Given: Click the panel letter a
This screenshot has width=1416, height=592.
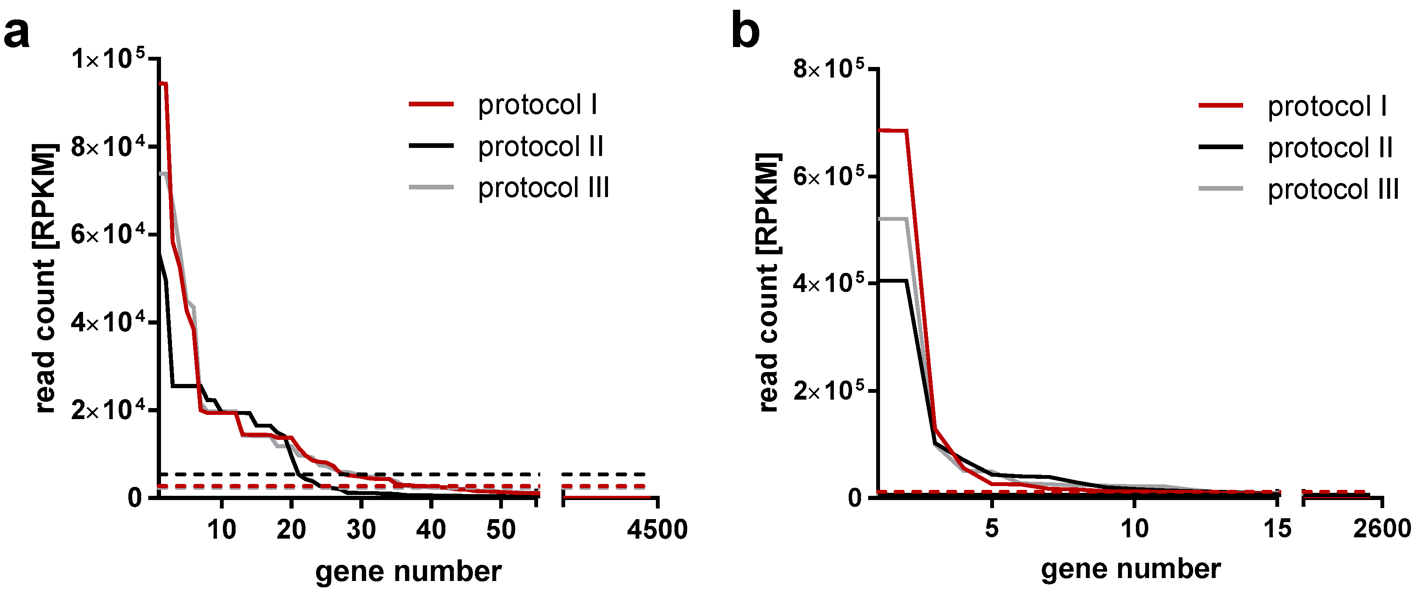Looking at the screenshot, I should [x=17, y=33].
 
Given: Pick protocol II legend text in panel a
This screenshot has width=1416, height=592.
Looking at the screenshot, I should [x=540, y=146].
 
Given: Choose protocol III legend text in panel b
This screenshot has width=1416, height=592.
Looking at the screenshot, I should [x=1333, y=190].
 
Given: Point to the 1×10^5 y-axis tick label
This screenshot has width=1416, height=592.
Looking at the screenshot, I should [x=108, y=59].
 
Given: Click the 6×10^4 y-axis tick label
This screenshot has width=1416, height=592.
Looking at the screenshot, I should [x=108, y=235].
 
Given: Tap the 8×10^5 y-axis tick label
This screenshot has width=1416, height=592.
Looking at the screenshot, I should [x=828, y=70].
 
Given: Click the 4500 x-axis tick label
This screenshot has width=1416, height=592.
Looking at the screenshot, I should [x=657, y=530].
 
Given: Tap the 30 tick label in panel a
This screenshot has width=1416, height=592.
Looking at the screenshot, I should [x=361, y=530].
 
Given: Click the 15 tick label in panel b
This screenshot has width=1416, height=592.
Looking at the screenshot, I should [x=1277, y=528].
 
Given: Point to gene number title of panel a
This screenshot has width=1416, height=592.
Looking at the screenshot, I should [x=408, y=571].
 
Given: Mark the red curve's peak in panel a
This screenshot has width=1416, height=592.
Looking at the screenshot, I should [x=163, y=83].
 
